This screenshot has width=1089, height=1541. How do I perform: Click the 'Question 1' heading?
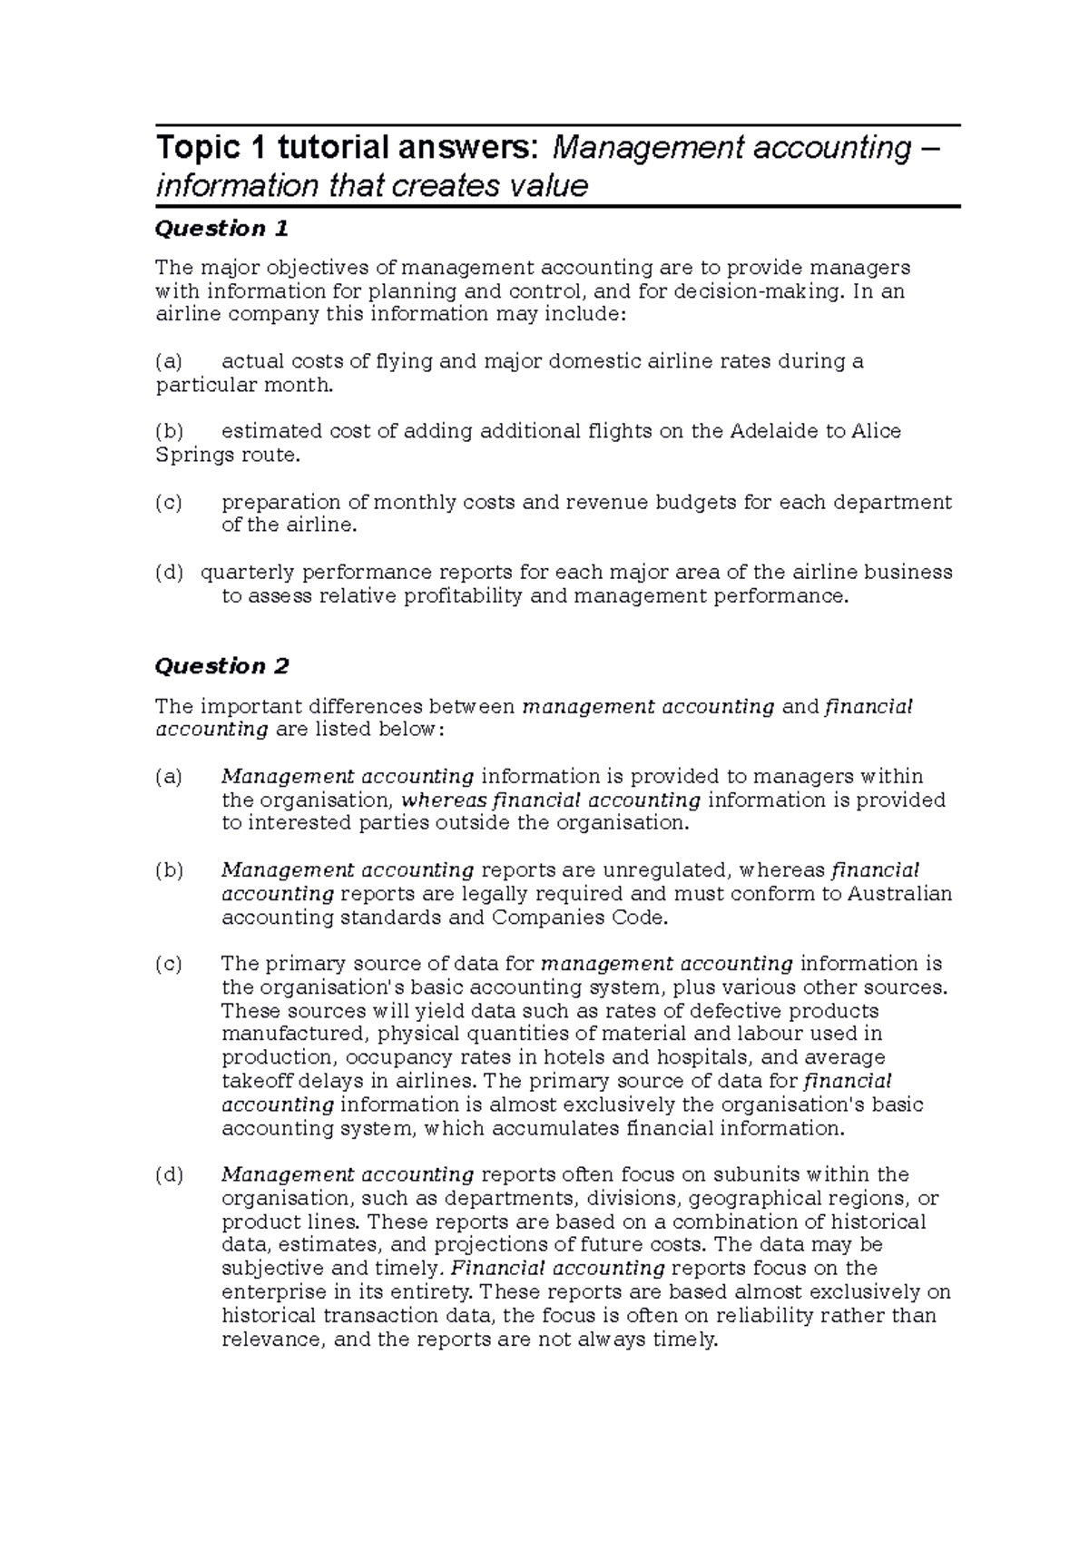(x=221, y=229)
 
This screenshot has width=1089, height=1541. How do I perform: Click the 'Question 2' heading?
(x=221, y=666)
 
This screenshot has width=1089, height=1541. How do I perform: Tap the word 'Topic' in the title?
(x=189, y=147)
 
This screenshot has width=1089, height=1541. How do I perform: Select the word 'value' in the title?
(x=547, y=186)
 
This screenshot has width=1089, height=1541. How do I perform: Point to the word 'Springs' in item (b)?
(x=193, y=455)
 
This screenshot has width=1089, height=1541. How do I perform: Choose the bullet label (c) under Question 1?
(x=169, y=503)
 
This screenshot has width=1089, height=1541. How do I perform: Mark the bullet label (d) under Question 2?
(x=169, y=1175)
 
